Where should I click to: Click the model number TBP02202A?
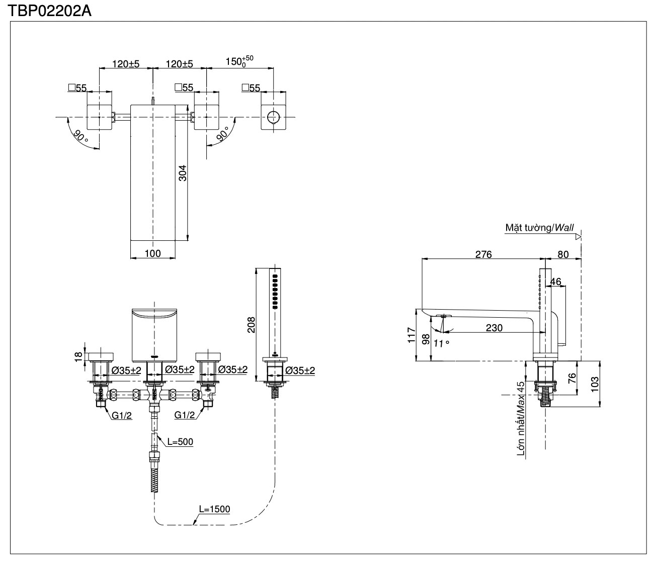coord(49,11)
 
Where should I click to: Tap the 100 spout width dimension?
coord(153,253)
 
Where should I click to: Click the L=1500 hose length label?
coord(214,509)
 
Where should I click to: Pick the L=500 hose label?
coord(180,442)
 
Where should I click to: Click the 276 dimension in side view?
coord(483,254)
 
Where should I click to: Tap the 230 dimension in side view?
coord(494,328)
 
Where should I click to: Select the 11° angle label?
coord(440,343)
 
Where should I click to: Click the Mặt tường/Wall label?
coord(539,228)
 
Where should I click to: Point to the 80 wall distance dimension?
coord(563,254)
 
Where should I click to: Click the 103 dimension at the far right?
coord(596,385)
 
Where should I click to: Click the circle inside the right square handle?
coord(273,118)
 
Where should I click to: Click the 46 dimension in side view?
coord(555,282)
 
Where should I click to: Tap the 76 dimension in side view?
coord(572,378)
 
